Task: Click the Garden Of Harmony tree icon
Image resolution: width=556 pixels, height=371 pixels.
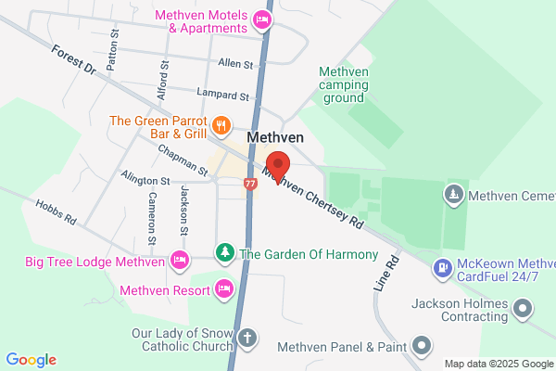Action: click(x=224, y=253)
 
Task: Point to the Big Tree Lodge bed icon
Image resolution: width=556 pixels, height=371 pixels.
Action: click(x=180, y=262)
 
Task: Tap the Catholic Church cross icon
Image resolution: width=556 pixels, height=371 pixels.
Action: click(x=246, y=338)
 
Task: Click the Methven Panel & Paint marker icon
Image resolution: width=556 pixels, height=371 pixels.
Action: click(x=423, y=347)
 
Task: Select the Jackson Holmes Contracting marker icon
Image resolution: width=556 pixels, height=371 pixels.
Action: click(x=524, y=307)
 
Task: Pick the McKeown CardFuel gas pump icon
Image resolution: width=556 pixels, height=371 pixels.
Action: click(x=443, y=270)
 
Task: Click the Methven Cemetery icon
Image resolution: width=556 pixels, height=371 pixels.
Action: click(x=453, y=196)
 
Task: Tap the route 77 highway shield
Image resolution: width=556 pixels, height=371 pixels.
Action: click(x=250, y=183)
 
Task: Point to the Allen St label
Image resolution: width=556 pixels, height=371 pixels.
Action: click(x=235, y=64)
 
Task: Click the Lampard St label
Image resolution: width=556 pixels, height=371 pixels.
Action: click(x=223, y=95)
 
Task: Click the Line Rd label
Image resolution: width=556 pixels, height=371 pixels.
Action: click(x=387, y=275)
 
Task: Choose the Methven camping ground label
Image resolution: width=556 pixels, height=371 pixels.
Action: click(x=345, y=84)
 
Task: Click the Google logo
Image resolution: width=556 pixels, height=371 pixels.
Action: click(x=31, y=359)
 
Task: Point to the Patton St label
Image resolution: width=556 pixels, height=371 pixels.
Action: click(x=114, y=49)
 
